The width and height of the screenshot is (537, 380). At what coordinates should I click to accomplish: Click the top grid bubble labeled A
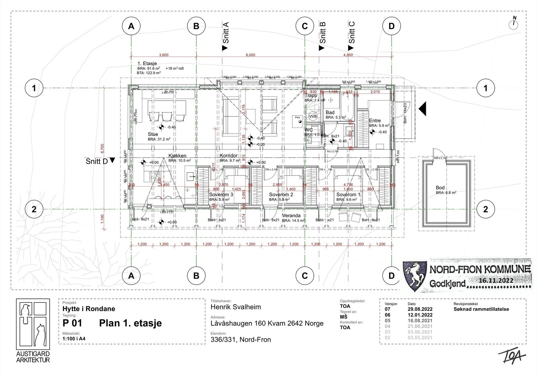tap(131, 26)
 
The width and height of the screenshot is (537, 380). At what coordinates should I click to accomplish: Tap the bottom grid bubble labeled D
tap(391, 276)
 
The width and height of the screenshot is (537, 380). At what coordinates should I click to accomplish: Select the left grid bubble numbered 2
tap(34, 209)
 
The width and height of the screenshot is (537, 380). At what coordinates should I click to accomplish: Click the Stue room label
tap(153, 134)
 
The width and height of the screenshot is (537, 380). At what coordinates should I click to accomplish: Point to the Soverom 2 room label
tap(281, 195)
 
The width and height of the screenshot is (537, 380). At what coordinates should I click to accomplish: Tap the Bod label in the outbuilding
tap(440, 188)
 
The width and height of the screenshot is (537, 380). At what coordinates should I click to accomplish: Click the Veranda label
tap(291, 216)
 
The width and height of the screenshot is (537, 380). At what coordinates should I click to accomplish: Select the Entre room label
tap(375, 121)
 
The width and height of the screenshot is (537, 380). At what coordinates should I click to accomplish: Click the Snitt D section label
tap(97, 161)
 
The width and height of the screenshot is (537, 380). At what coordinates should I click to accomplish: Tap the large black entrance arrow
tap(423, 109)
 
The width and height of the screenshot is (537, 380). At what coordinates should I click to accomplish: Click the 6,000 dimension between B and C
tap(250, 55)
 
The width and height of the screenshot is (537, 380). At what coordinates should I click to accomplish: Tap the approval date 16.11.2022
tap(496, 281)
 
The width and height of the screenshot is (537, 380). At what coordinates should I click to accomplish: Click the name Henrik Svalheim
tap(235, 307)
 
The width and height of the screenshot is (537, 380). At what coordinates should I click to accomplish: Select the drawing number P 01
tap(72, 323)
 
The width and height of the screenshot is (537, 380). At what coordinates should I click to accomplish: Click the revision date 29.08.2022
tap(420, 309)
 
